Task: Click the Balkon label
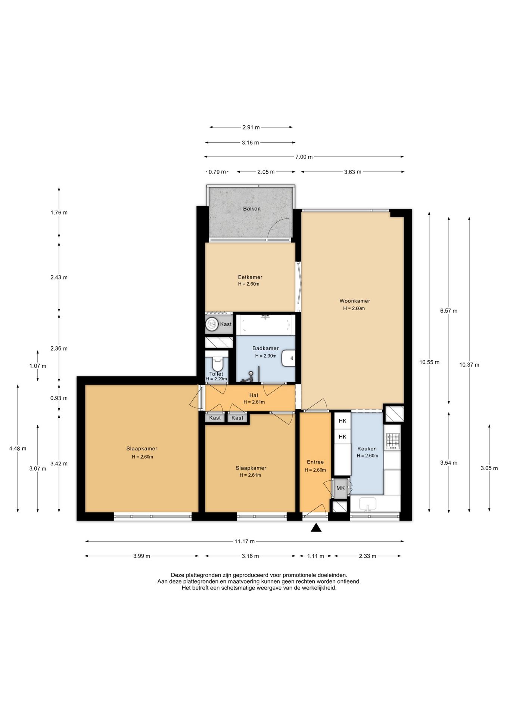(252, 209)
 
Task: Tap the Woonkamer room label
(355, 301)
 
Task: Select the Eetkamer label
(250, 277)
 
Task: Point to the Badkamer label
(265, 348)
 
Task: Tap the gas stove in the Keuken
(393, 441)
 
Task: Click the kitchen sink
(368, 504)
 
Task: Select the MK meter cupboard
(340, 488)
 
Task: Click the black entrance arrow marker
(316, 527)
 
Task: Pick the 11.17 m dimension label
(245, 541)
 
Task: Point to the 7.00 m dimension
(304, 157)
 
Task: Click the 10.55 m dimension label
(429, 362)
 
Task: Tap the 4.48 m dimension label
(18, 449)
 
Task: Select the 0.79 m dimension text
(217, 172)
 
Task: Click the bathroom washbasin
(289, 358)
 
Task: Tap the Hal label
(253, 395)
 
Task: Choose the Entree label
(315, 462)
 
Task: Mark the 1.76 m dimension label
(59, 213)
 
